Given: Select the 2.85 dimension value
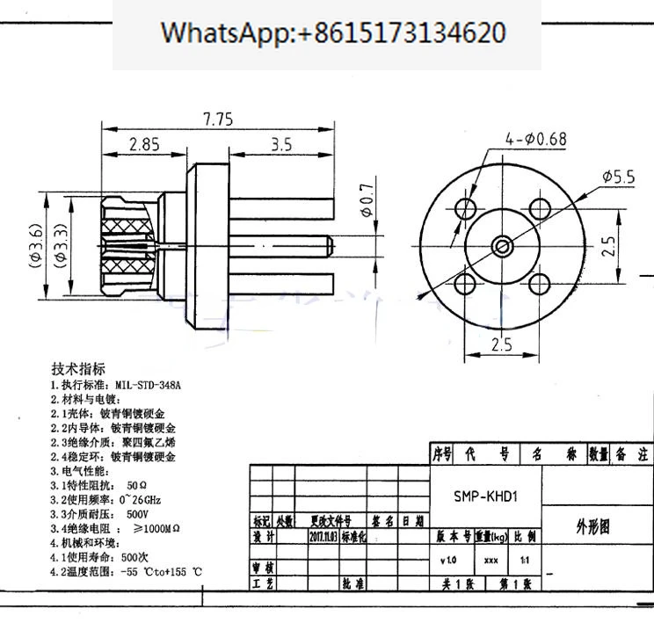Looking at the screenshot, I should point(144,145).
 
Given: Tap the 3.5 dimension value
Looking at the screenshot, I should point(281,145).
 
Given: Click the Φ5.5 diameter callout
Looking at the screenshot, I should point(619,177).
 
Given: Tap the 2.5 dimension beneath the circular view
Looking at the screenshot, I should point(502,344).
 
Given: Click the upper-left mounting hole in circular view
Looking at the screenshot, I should point(466,208).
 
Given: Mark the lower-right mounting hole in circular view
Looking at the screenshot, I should point(539,282).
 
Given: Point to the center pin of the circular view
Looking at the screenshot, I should point(502,245).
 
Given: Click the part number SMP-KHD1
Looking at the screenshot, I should point(485,496).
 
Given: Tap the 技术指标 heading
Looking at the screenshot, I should point(78,368).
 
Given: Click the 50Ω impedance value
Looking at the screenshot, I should point(136,484).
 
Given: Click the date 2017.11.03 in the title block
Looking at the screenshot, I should point(322,535).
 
